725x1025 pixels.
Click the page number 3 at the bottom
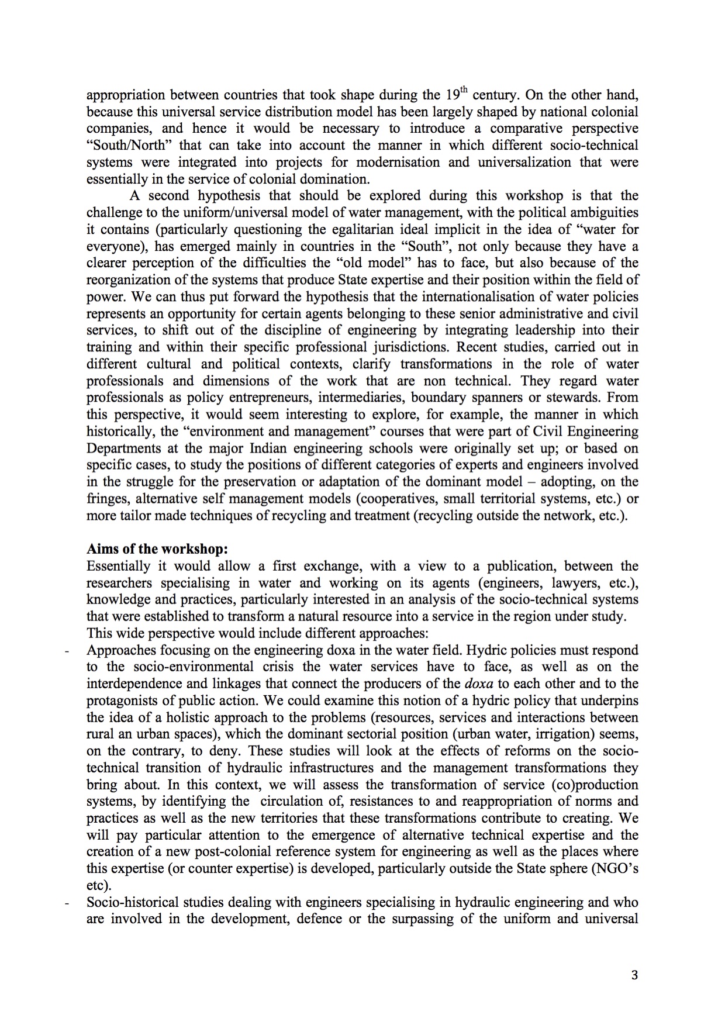point(634,975)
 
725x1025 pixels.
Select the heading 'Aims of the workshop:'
point(157,549)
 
